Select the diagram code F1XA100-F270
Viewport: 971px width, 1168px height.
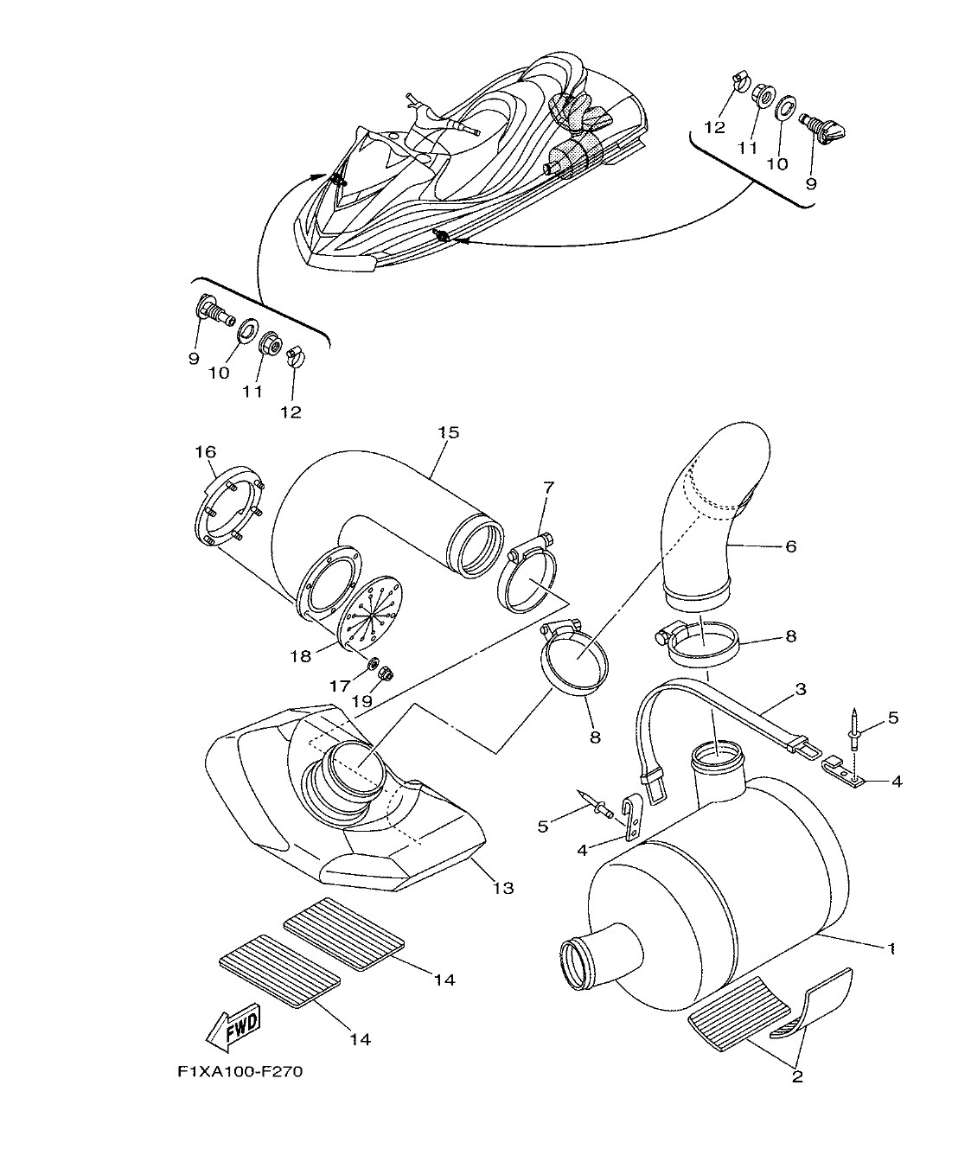[240, 1072]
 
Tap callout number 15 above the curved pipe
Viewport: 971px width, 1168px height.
[448, 432]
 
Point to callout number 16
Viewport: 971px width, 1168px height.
[205, 452]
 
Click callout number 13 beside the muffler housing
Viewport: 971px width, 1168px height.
[502, 887]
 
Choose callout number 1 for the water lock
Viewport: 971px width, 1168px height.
[890, 948]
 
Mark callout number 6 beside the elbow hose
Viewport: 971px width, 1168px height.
[790, 546]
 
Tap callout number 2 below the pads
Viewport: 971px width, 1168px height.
[796, 1076]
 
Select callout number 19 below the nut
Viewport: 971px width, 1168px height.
[361, 702]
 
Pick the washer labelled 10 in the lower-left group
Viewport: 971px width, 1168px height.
[247, 329]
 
